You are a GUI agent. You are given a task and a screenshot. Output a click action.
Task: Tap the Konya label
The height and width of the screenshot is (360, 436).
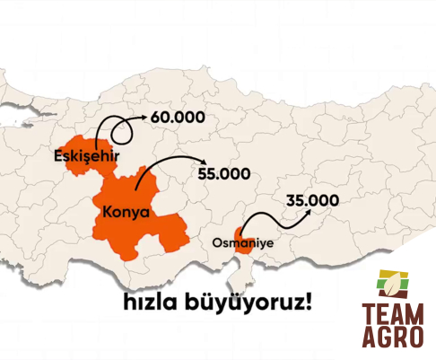click(126, 213)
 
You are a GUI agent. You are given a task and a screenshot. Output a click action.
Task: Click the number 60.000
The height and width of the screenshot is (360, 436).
click(179, 118)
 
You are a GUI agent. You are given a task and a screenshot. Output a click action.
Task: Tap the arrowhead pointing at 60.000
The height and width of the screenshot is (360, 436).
click(144, 118)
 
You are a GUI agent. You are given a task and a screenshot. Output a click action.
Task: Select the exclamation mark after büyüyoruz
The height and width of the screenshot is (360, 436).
click(310, 299)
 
